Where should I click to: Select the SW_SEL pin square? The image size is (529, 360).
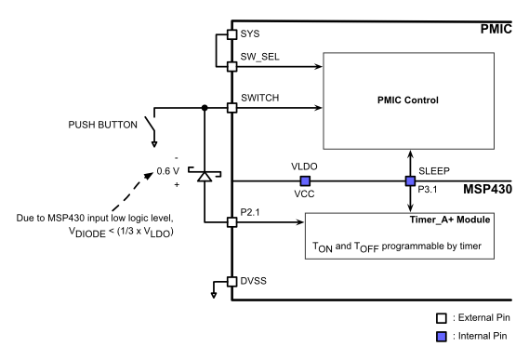[x=231, y=66]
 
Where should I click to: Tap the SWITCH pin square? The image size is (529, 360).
[x=231, y=108]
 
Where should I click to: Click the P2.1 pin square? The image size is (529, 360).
[x=231, y=222]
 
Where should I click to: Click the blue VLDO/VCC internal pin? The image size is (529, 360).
[x=304, y=180]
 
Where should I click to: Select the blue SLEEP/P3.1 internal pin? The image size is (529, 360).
[x=408, y=180]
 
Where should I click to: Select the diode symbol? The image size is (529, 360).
[x=204, y=173]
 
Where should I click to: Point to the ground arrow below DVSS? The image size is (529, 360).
[x=216, y=296]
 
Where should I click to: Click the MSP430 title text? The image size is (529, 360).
[x=492, y=189]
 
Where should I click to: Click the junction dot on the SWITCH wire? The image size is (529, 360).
[x=204, y=108]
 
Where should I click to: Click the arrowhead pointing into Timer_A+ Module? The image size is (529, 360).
[x=303, y=222]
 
